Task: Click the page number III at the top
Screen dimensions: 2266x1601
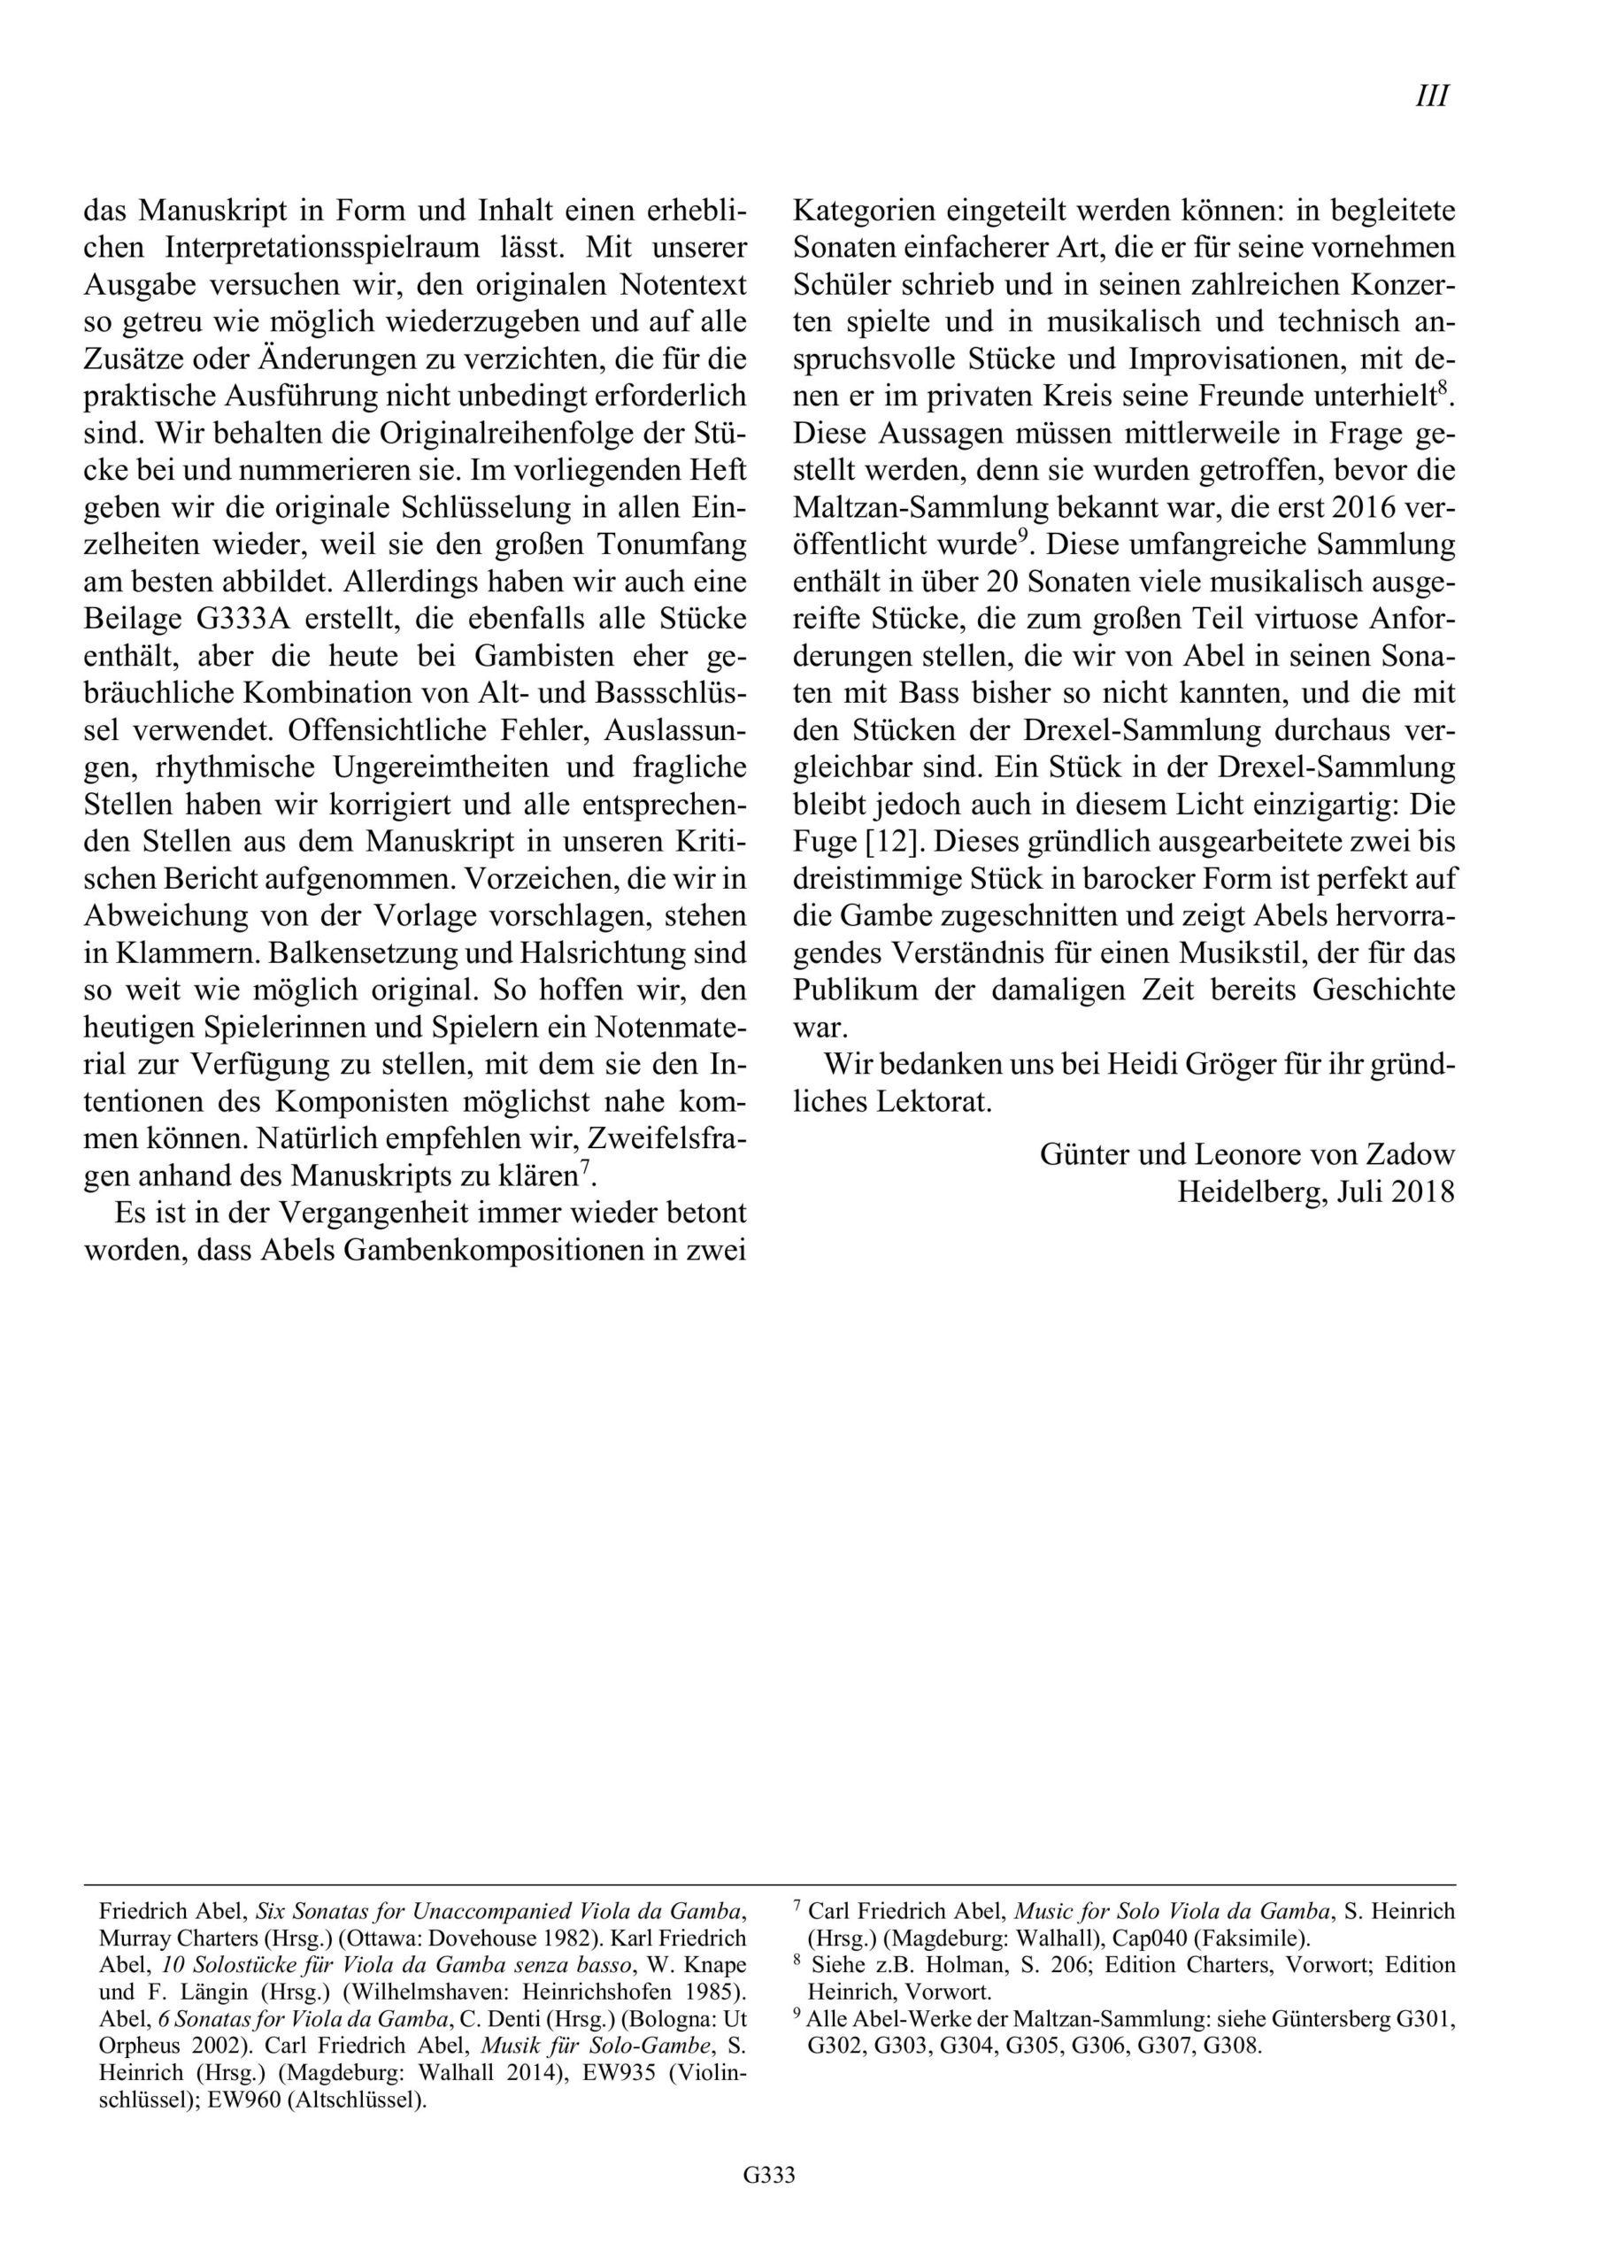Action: coord(1431,96)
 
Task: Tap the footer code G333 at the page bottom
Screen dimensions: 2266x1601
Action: coord(769,2202)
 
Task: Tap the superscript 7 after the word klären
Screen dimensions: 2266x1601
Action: coord(585,1168)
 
